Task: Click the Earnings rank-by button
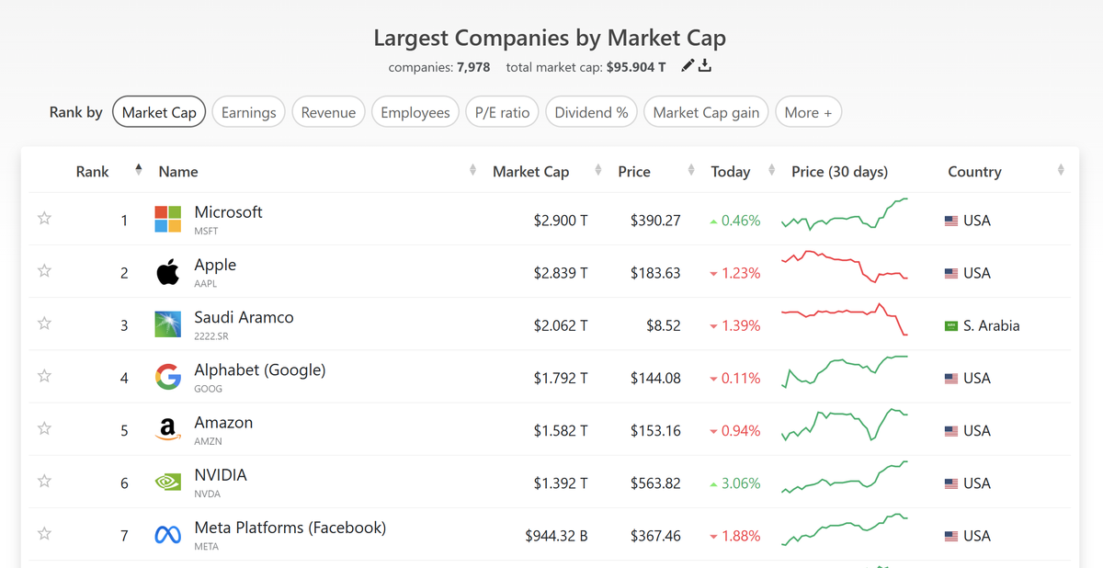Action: point(249,112)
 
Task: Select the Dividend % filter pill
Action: point(592,112)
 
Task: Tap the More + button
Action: point(809,112)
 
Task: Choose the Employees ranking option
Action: point(415,112)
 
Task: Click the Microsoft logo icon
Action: point(167,220)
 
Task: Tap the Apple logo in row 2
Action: point(167,272)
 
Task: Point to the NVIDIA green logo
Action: point(167,483)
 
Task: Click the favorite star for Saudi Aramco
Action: point(44,324)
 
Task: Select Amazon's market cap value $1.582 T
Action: point(561,430)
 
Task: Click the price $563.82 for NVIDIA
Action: point(655,483)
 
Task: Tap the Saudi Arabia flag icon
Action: point(951,325)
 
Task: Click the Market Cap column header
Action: point(530,172)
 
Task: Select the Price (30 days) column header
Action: point(839,172)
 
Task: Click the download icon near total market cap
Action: point(705,65)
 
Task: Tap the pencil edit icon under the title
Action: point(688,65)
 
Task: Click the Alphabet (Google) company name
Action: point(260,370)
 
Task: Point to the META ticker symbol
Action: point(206,547)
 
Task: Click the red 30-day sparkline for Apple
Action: point(844,266)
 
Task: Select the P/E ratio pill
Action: point(502,112)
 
